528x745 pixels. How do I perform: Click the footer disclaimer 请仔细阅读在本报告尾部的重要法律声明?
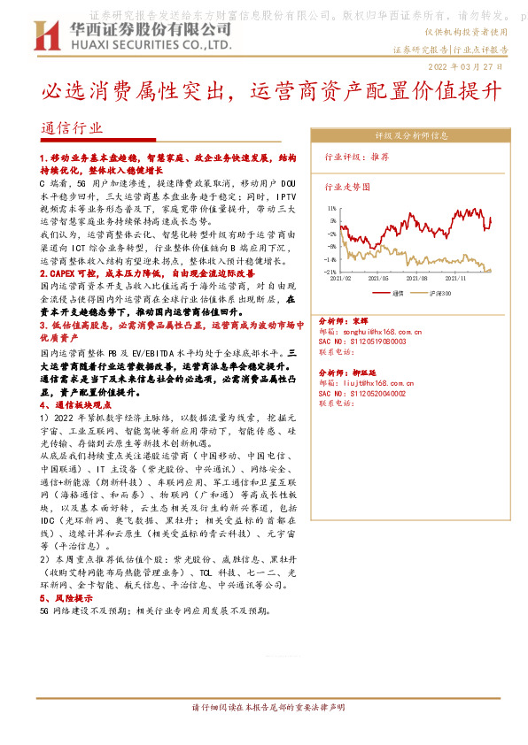click(268, 708)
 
